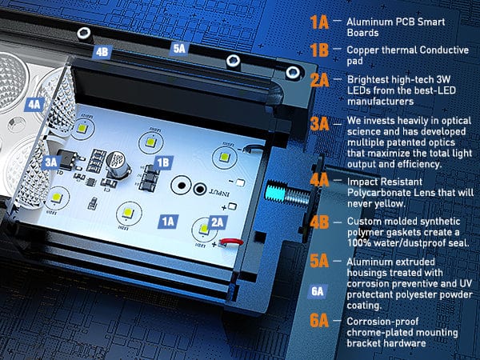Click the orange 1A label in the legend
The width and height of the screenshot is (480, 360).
tap(319, 22)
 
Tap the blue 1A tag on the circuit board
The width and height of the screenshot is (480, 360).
tap(168, 222)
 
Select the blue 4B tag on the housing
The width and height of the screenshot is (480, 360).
tap(102, 52)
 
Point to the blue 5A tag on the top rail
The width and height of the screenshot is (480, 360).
tap(179, 48)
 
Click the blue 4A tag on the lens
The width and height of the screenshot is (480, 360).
tap(34, 105)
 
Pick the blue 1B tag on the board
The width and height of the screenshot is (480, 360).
tap(163, 163)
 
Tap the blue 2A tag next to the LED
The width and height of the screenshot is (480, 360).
tap(218, 222)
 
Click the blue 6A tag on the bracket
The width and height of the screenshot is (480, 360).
tap(318, 291)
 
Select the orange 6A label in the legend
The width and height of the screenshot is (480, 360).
tap(319, 321)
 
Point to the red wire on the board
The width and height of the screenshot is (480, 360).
tap(232, 242)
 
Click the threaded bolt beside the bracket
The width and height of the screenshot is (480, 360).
tap(287, 193)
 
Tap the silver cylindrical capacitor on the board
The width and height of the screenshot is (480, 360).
tap(118, 165)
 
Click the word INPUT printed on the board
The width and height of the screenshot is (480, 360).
tap(219, 193)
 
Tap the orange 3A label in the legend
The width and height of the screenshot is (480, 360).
tap(319, 124)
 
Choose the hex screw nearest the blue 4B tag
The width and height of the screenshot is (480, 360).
tap(84, 33)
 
